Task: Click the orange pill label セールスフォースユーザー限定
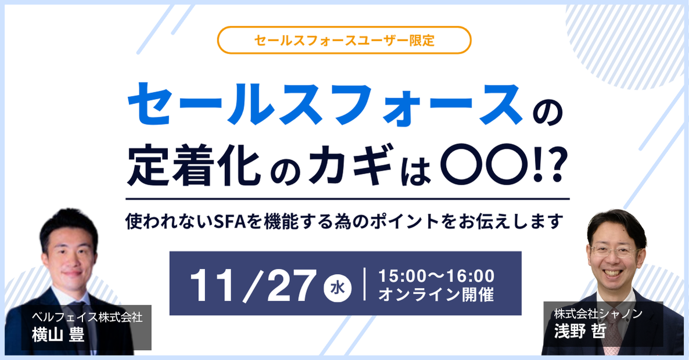pos(344,40)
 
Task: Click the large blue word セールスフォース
pos(324,105)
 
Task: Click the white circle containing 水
pos(338,288)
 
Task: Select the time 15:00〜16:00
pos(436,276)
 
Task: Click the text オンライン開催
pos(436,294)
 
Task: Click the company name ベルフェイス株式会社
pos(87,317)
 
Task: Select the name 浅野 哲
pos(580,330)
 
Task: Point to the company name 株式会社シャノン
pos(598,314)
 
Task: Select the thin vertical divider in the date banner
pos(365,285)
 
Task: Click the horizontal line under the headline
pos(347,199)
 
